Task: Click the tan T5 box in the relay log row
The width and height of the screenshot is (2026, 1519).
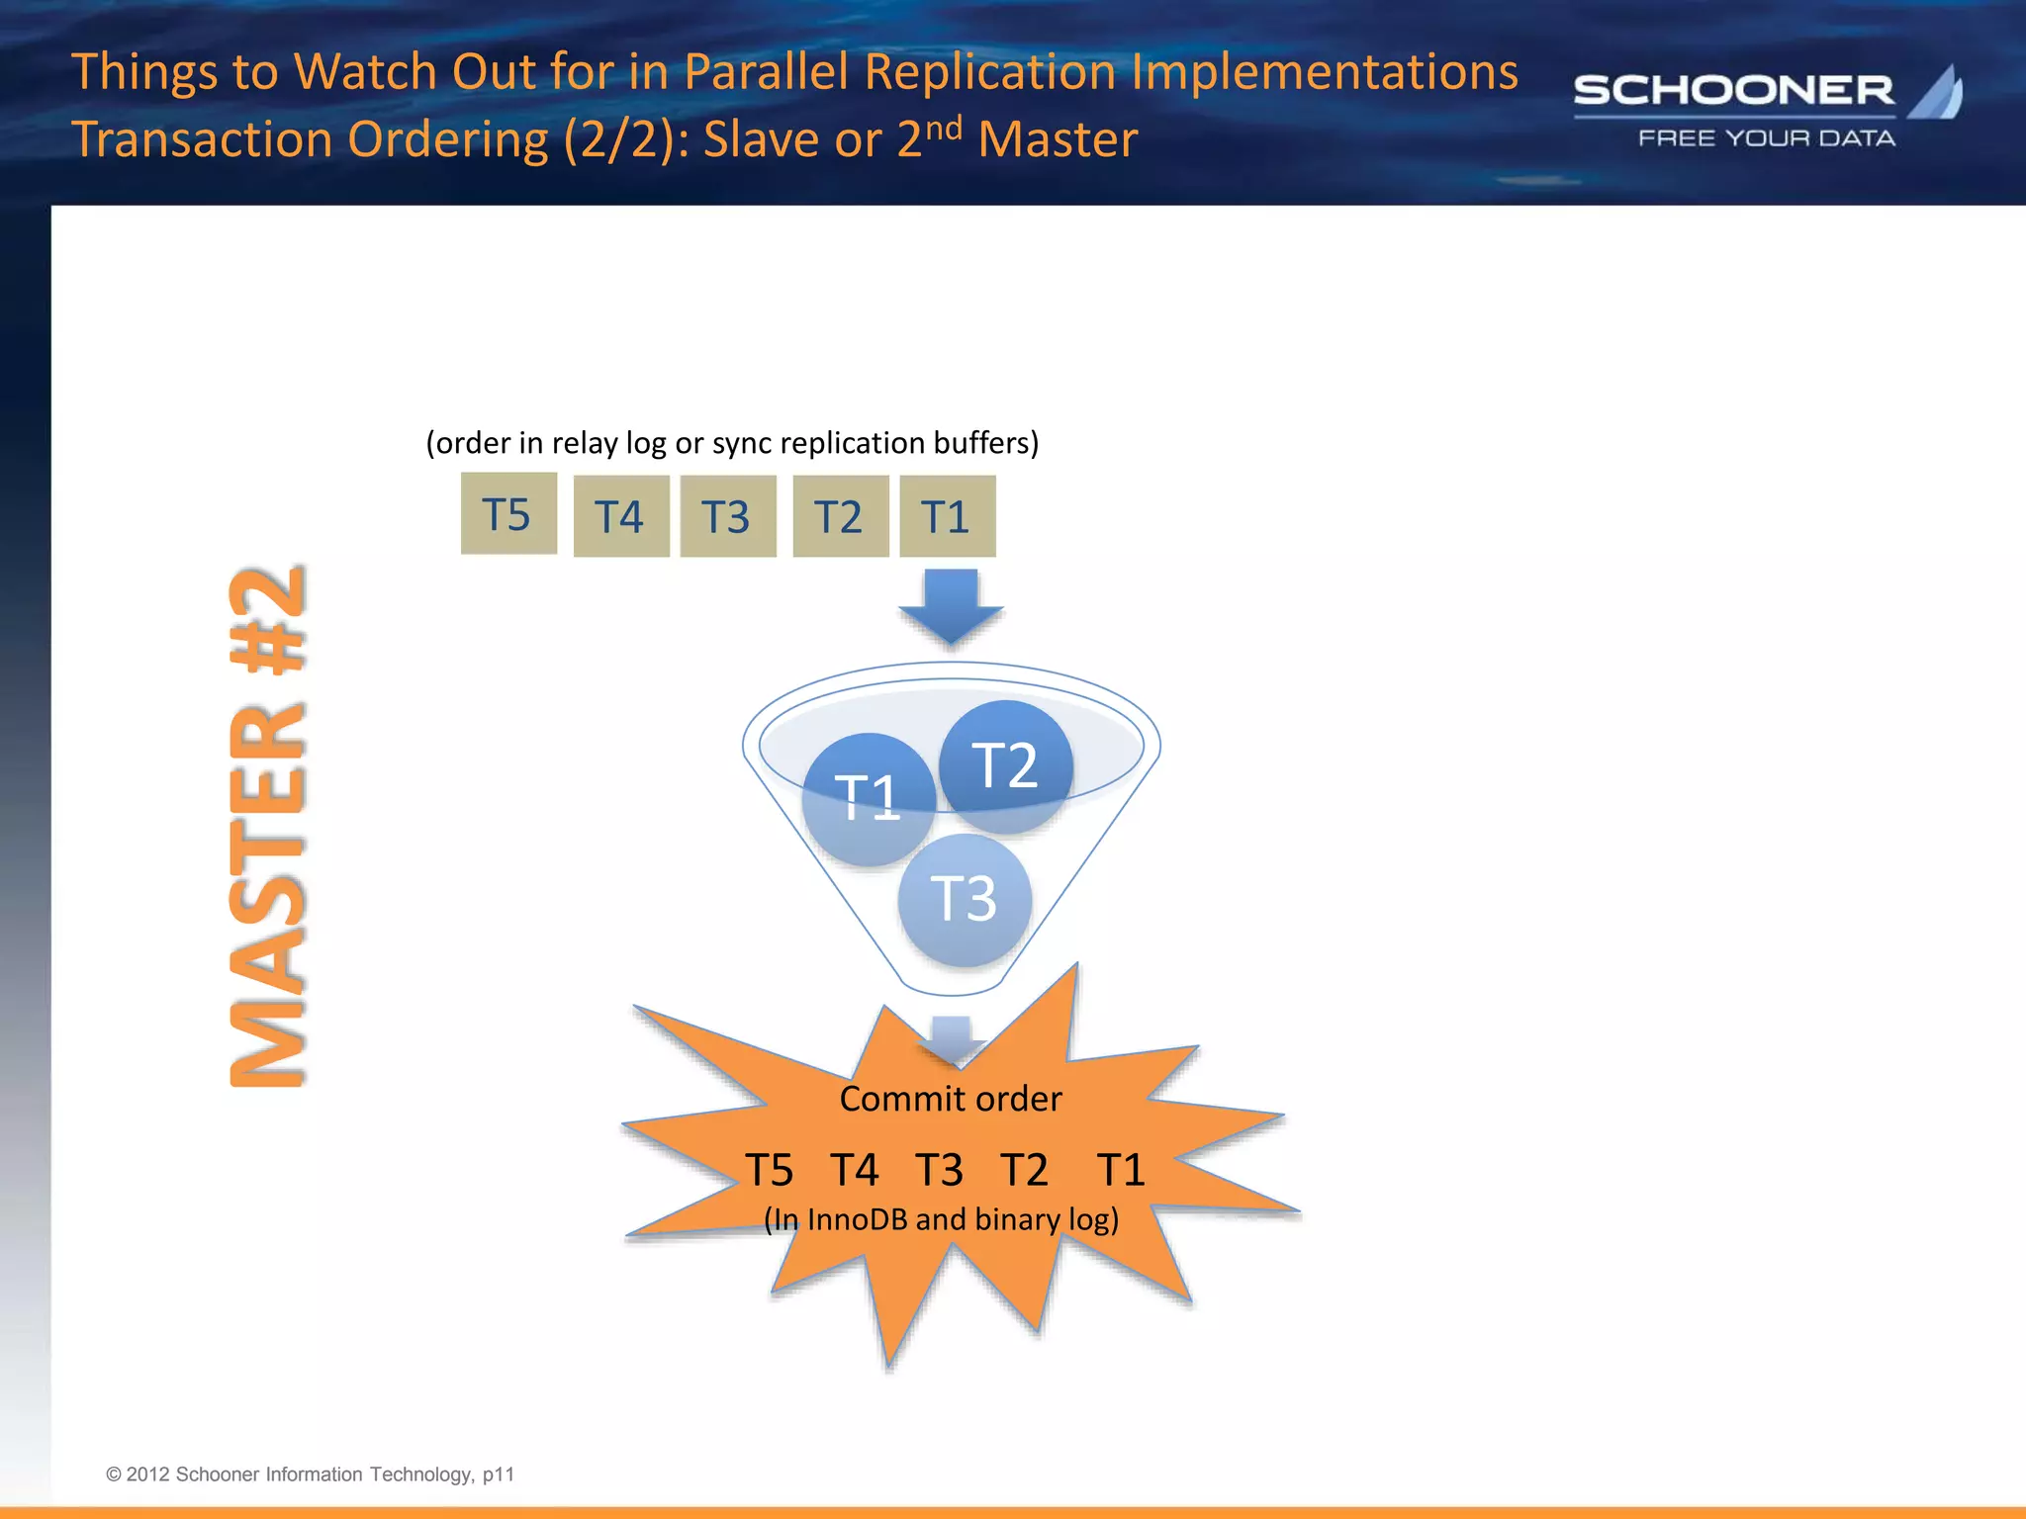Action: (x=508, y=513)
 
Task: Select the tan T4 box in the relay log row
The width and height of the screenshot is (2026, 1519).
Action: (x=621, y=516)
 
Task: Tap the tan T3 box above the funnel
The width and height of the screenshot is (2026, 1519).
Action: (x=728, y=516)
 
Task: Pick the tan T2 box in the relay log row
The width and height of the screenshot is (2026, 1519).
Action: (x=840, y=516)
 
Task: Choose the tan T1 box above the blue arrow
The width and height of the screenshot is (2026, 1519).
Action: (x=947, y=516)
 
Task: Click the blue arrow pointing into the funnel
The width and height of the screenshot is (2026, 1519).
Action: (x=951, y=605)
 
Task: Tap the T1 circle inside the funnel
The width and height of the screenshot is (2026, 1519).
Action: (x=868, y=799)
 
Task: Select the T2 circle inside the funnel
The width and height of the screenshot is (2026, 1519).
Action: (x=1005, y=766)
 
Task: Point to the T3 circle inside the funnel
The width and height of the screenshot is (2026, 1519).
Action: (x=965, y=900)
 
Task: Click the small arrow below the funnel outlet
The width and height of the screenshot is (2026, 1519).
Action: (x=952, y=1038)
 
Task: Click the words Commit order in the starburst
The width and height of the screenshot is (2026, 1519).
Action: (x=950, y=1099)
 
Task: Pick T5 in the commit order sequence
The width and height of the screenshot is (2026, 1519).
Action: (x=769, y=1171)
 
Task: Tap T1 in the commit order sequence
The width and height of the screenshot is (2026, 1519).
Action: (x=1121, y=1171)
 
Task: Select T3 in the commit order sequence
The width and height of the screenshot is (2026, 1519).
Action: (x=939, y=1171)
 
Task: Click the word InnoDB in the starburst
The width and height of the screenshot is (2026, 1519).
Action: (x=857, y=1219)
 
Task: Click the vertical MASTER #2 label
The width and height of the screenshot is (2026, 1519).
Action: (x=267, y=826)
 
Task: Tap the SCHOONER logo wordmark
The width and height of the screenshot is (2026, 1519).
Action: (x=1733, y=91)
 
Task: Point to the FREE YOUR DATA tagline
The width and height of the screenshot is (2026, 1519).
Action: (x=1767, y=138)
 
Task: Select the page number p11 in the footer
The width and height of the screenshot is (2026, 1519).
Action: (x=499, y=1474)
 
